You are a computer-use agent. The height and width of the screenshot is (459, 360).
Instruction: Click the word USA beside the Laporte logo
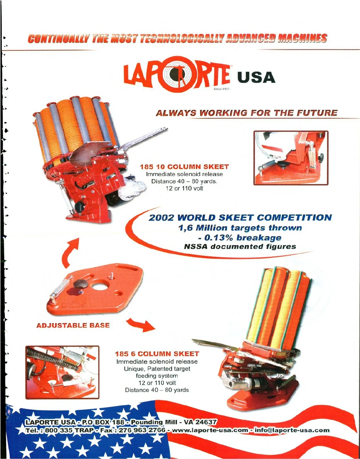[x=256, y=77]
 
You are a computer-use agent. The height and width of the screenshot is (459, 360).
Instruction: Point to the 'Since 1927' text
[x=221, y=89]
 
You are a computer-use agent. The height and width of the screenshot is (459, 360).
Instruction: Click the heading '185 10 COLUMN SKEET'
[x=184, y=167]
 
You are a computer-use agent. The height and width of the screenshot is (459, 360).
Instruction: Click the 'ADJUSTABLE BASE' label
[x=73, y=325]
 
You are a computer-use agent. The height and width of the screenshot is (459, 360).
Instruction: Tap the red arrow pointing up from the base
[x=70, y=252]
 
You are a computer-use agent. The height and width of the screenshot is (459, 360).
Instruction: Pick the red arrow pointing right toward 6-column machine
[x=141, y=325]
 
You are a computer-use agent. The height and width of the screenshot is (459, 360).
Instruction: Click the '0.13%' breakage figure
[x=218, y=238]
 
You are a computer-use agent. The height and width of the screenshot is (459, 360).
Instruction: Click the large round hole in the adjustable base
[x=100, y=286]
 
